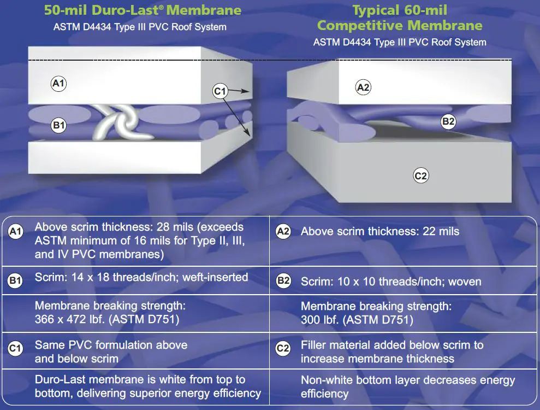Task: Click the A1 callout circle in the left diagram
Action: (58, 83)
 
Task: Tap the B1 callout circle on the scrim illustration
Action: (58, 125)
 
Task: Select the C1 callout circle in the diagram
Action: (219, 91)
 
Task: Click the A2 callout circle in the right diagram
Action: (363, 87)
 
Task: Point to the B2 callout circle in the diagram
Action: (448, 121)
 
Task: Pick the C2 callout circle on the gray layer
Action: (421, 175)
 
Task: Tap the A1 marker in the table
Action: (15, 231)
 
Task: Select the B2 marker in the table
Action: (283, 280)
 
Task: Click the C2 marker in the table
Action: (283, 348)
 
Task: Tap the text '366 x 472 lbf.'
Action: (70, 319)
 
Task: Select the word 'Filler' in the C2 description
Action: (312, 345)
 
